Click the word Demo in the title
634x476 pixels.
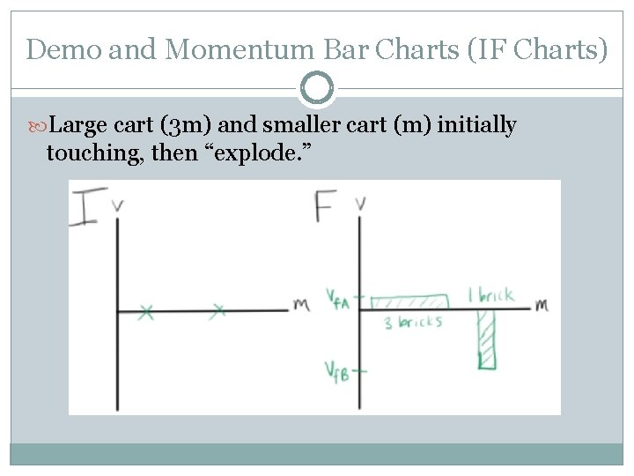tap(60, 49)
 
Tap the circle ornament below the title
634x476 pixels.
tap(317, 88)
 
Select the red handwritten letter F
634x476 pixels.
tap(324, 206)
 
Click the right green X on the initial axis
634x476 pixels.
tap(219, 310)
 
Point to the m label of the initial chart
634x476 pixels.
tap(301, 305)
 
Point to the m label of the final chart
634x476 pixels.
tap(541, 305)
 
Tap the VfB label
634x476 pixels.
tap(336, 372)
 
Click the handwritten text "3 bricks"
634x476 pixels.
tap(413, 323)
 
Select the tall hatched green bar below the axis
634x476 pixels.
tap(487, 338)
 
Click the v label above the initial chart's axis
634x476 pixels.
tap(118, 205)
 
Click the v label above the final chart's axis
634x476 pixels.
tap(360, 204)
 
